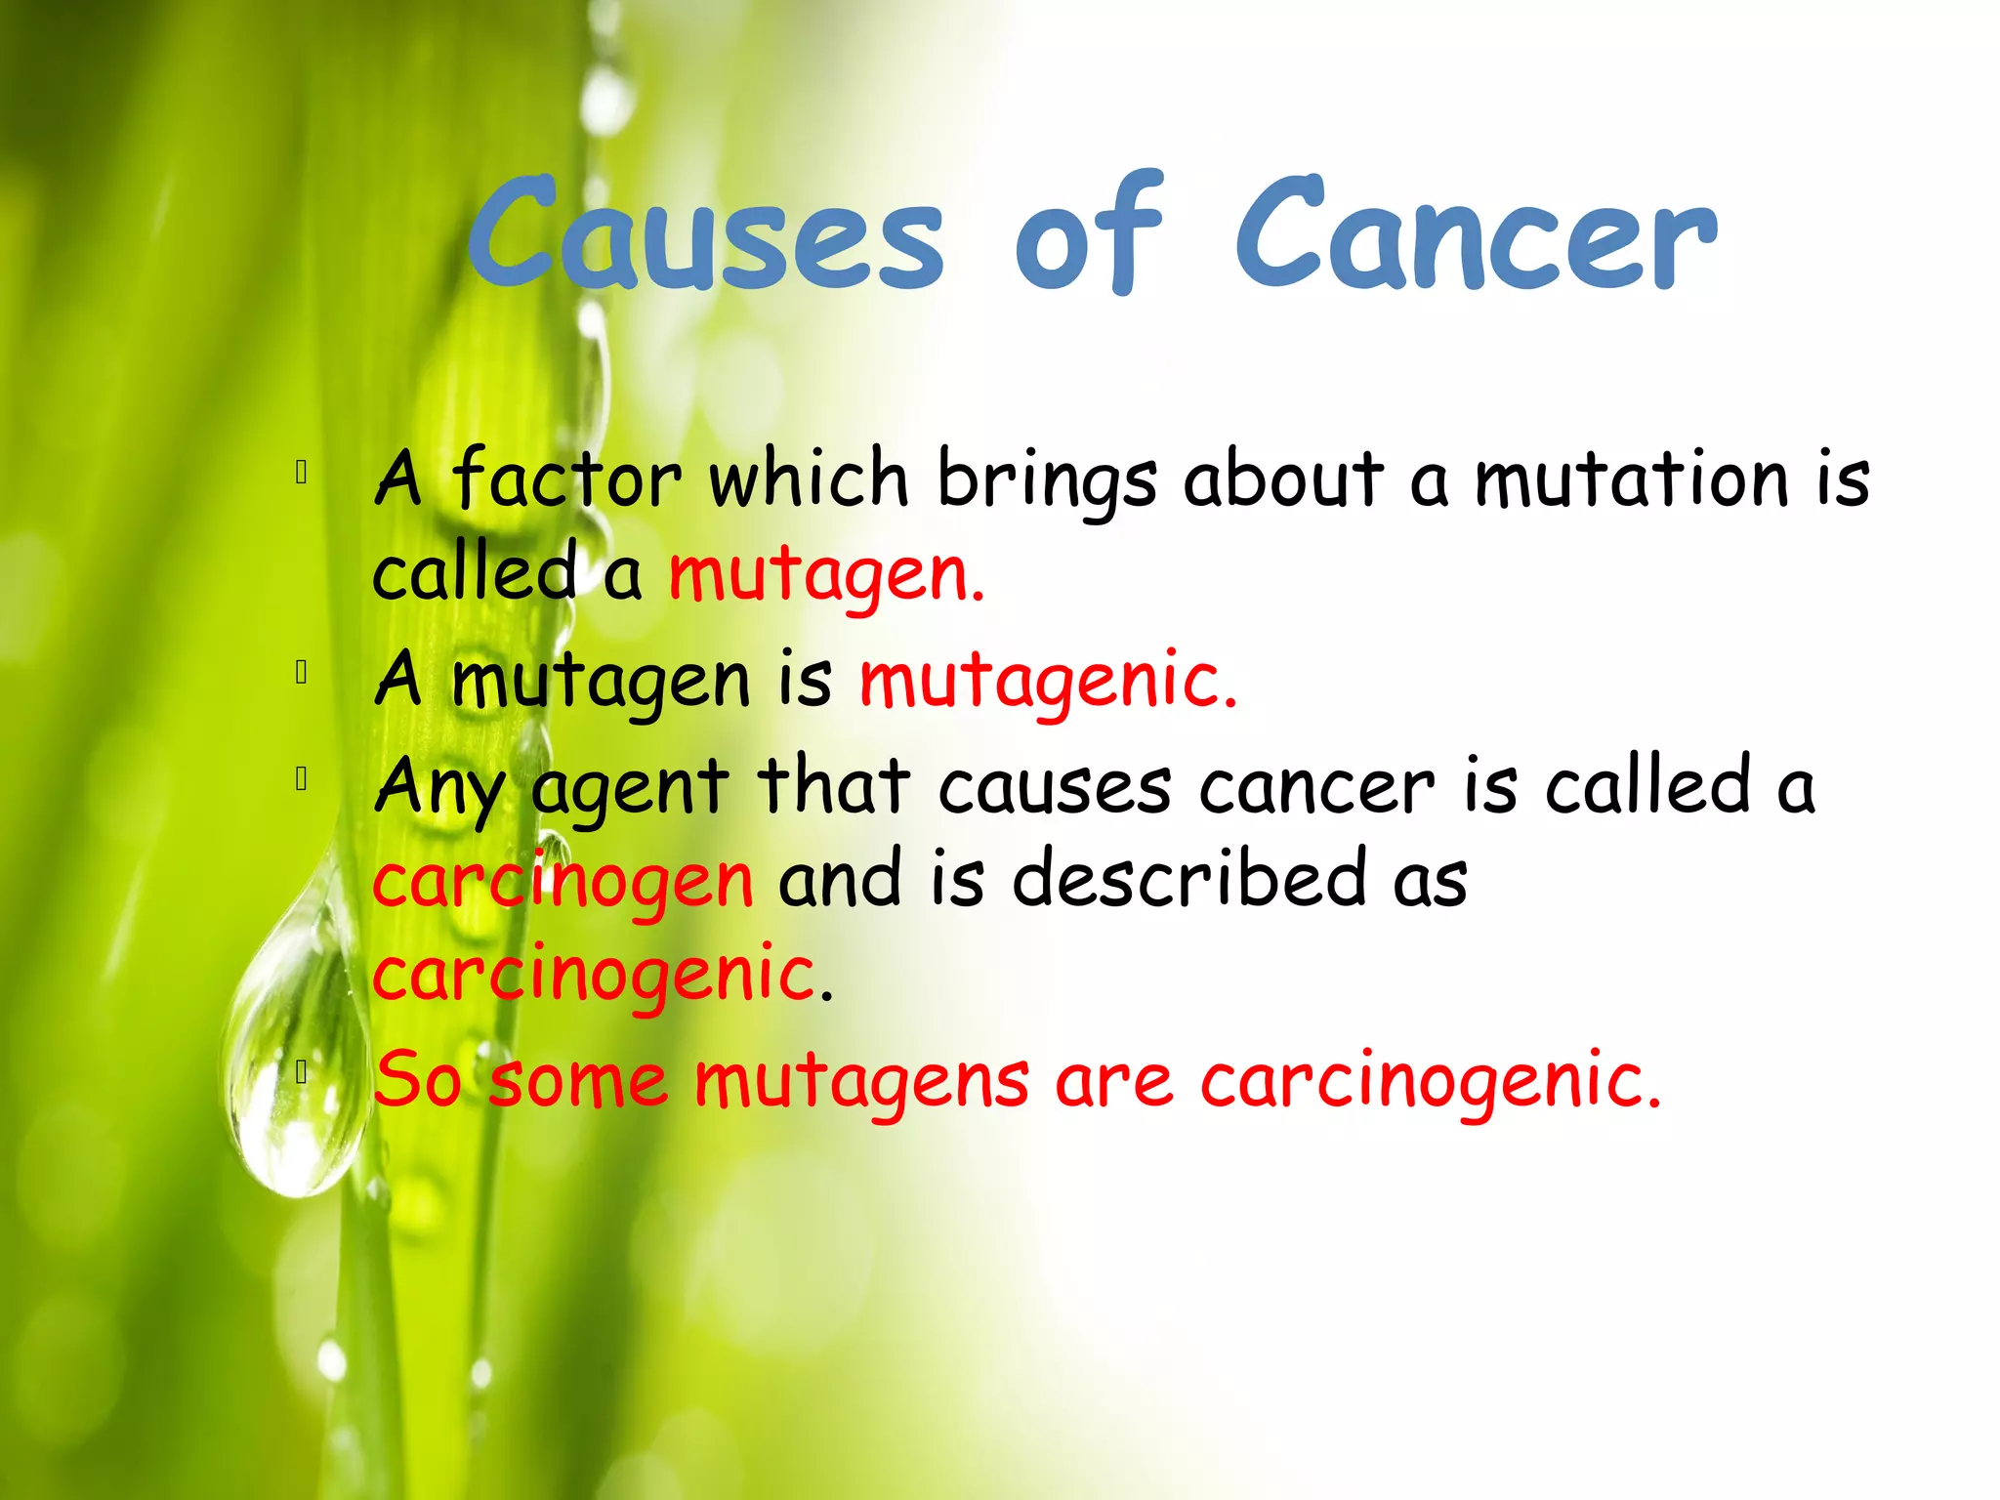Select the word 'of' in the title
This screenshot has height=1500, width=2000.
pos(1090,234)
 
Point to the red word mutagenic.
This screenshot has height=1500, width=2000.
pos(1048,681)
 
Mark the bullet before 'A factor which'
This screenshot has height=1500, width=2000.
pos(302,473)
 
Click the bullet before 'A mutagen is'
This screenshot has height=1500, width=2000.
pos(302,673)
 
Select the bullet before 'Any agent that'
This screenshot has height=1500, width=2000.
pos(302,779)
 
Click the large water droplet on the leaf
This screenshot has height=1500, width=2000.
pos(293,1055)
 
